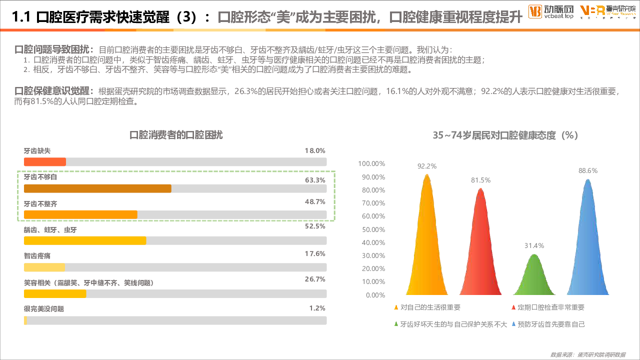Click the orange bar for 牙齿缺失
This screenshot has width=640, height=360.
[45, 161]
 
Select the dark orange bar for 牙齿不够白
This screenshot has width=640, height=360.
[97, 188]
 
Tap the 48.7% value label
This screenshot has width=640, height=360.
[315, 202]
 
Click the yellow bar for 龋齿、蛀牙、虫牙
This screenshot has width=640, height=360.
[85, 240]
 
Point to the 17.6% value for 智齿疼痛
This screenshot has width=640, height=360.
[315, 254]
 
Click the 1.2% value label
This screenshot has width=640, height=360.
[317, 308]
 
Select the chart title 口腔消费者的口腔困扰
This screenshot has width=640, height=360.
[176, 135]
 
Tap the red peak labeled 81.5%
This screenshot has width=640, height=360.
[480, 245]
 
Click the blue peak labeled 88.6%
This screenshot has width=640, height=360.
[588, 240]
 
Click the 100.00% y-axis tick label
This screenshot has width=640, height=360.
[371, 163]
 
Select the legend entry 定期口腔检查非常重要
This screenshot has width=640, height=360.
[550, 307]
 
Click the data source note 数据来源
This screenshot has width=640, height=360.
[587, 354]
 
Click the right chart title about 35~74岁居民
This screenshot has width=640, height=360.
[505, 135]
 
